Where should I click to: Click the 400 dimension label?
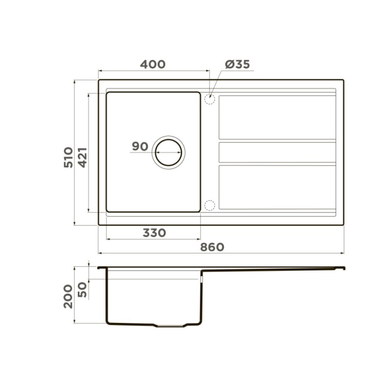click(x=153, y=64)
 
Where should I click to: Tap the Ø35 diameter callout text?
click(x=237, y=64)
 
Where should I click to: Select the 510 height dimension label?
click(x=69, y=158)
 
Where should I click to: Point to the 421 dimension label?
click(x=83, y=158)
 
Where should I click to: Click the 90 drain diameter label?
click(x=140, y=146)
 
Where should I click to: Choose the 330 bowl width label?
click(x=154, y=233)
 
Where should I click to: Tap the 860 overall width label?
click(x=212, y=247)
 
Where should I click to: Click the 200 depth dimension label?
click(x=68, y=297)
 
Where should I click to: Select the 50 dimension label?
click(x=83, y=290)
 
